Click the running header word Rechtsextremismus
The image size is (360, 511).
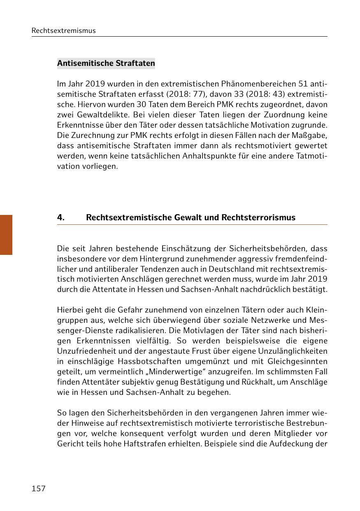(x=63, y=30)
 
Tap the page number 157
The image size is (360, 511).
(x=39, y=488)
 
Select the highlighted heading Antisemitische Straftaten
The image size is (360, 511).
(x=106, y=63)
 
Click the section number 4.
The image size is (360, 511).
(x=61, y=217)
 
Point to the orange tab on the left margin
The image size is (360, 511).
(x=6, y=235)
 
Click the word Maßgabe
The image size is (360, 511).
(x=311, y=135)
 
